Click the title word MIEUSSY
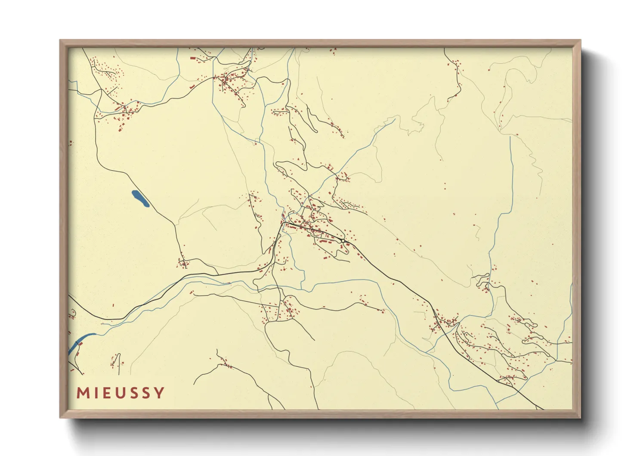tap(121, 393)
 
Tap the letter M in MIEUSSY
tap(83, 393)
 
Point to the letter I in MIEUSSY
tap(95, 393)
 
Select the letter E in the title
tap(105, 393)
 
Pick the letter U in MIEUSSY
tap(119, 393)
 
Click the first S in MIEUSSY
tap(133, 393)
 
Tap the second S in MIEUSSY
tap(145, 393)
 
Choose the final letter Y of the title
tap(159, 393)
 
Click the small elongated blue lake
tap(140, 199)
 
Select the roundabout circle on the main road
tap(342, 240)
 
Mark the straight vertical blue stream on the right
tap(511, 172)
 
